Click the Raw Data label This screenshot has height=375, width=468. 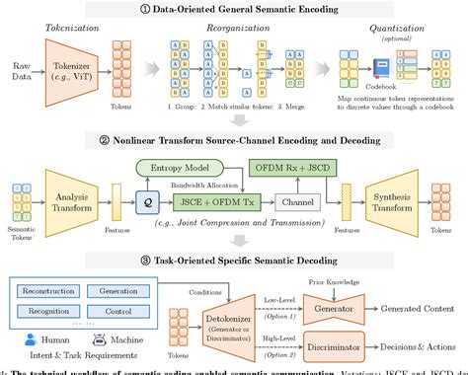pos(18,74)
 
